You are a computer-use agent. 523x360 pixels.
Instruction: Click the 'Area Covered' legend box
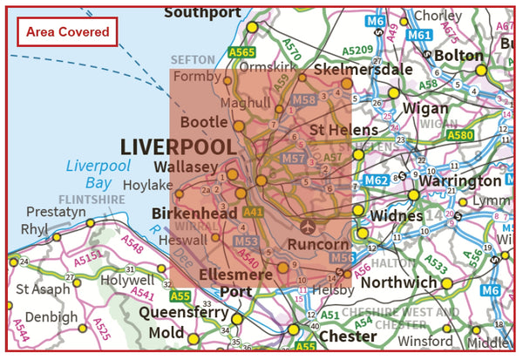point(68,32)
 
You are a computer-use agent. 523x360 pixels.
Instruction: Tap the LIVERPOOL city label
point(178,146)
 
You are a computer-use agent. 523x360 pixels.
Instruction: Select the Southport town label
point(202,12)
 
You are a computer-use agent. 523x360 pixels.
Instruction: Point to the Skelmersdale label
point(349,69)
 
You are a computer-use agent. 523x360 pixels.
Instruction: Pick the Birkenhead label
point(194,213)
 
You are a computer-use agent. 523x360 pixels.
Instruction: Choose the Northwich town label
point(400,282)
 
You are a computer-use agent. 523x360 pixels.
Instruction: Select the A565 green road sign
point(241,53)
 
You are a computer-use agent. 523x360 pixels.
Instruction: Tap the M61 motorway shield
point(419,36)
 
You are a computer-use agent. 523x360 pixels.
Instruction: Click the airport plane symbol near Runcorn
point(307,226)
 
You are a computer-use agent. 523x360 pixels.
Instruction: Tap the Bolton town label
point(458,56)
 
